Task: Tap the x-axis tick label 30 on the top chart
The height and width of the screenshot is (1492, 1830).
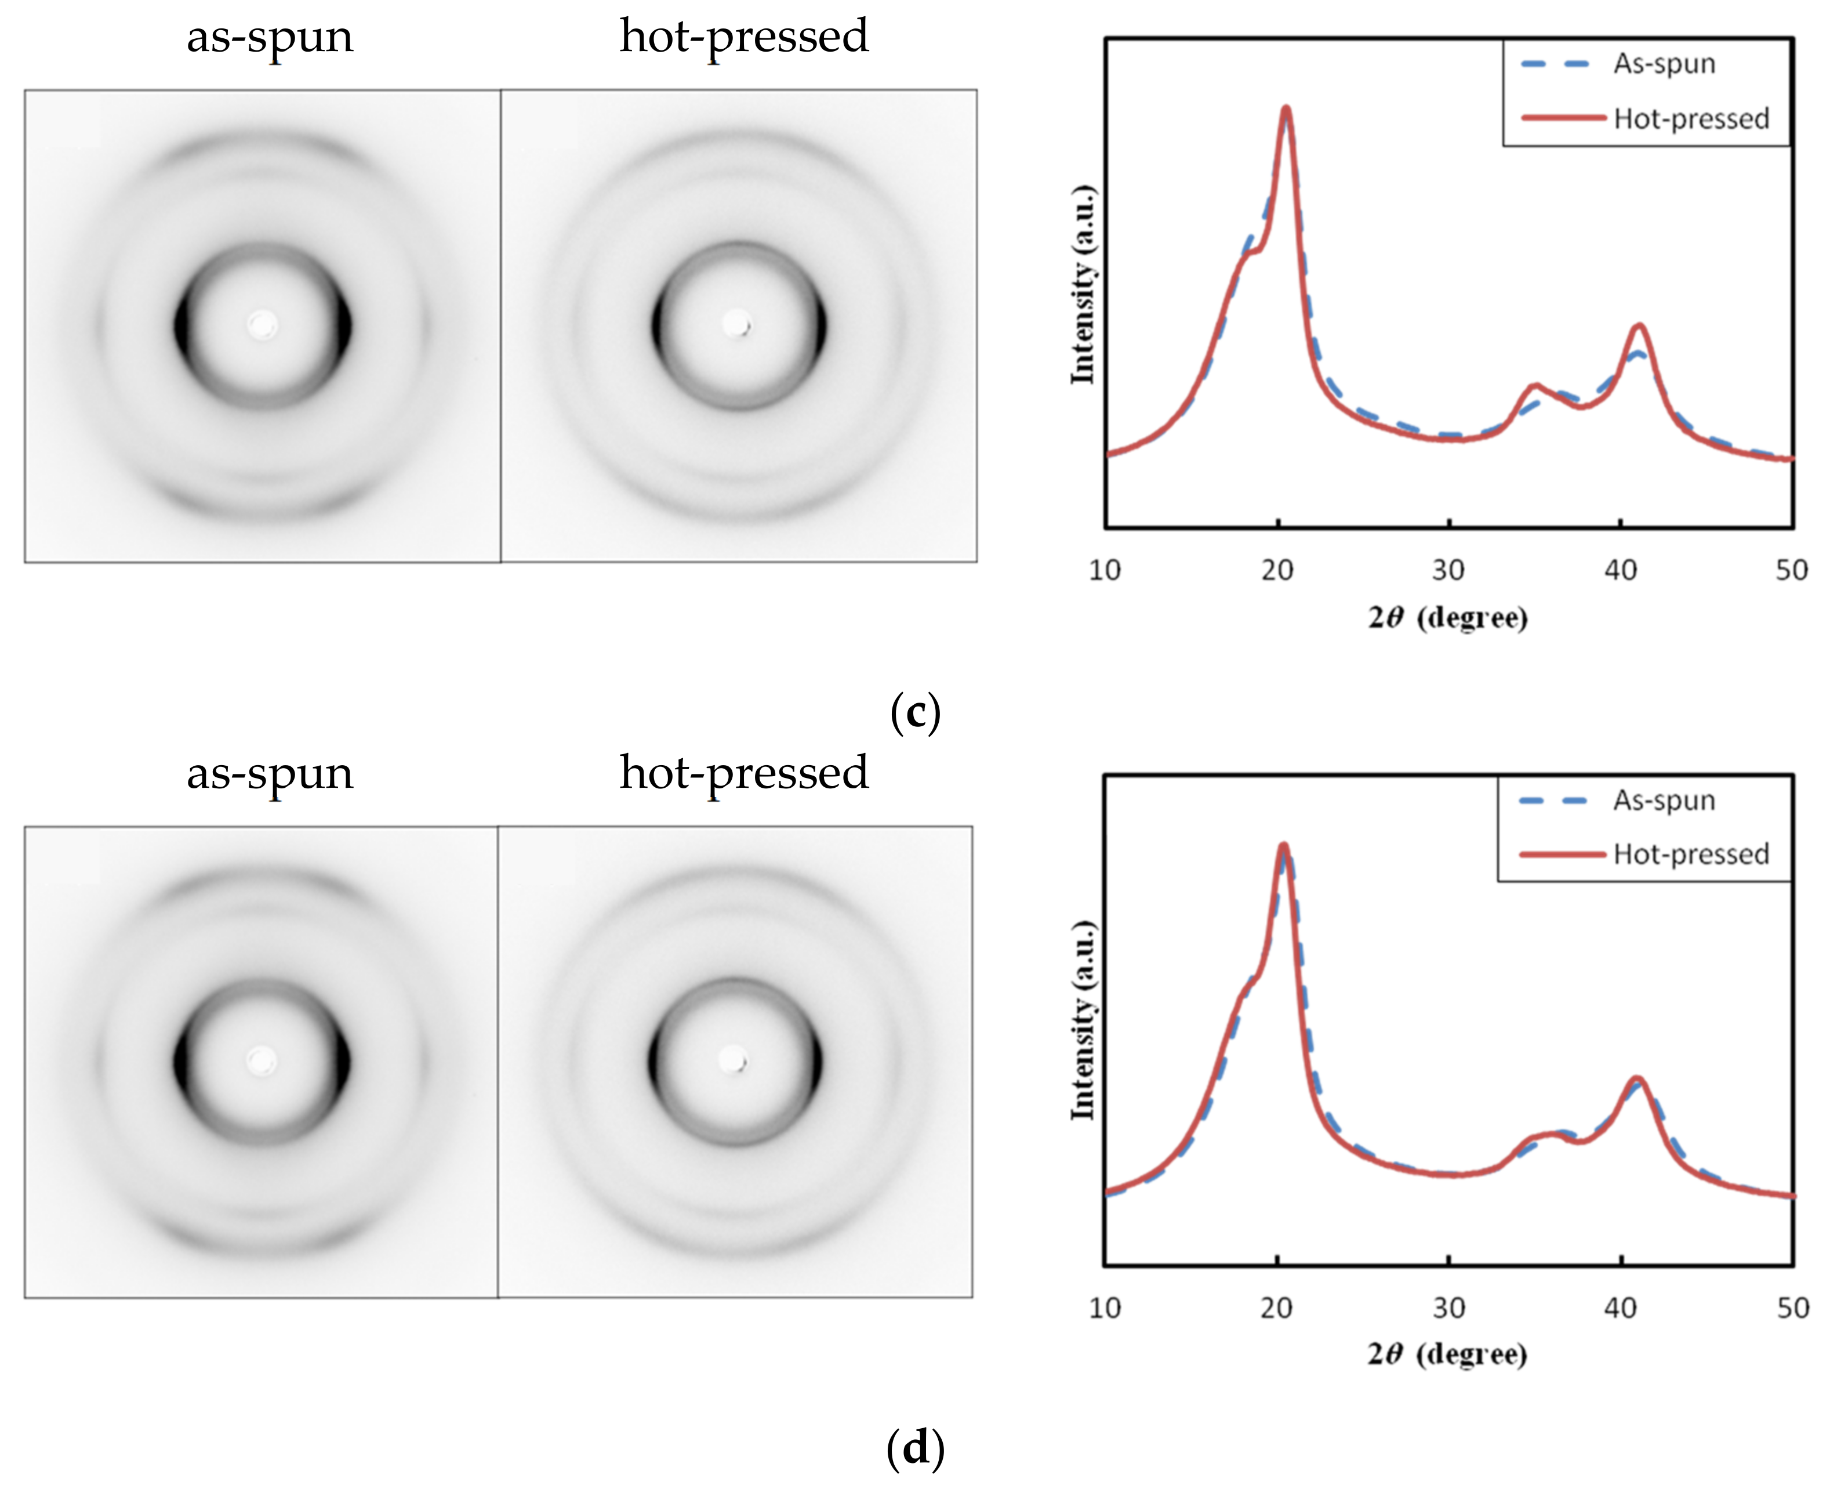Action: point(1448,570)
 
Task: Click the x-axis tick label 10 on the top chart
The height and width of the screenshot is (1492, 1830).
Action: point(1105,570)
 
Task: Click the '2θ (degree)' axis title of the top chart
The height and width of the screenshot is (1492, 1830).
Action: point(1448,617)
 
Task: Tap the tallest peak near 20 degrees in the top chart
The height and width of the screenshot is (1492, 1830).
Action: point(1286,109)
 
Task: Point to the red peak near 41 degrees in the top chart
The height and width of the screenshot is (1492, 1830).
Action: point(1639,326)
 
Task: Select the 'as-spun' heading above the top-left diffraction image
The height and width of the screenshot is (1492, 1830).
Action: point(270,37)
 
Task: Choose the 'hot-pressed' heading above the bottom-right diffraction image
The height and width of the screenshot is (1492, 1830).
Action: point(744,773)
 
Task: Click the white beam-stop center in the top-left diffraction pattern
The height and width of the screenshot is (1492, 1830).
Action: point(262,325)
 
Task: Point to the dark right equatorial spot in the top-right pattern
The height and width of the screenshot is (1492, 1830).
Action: point(820,327)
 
